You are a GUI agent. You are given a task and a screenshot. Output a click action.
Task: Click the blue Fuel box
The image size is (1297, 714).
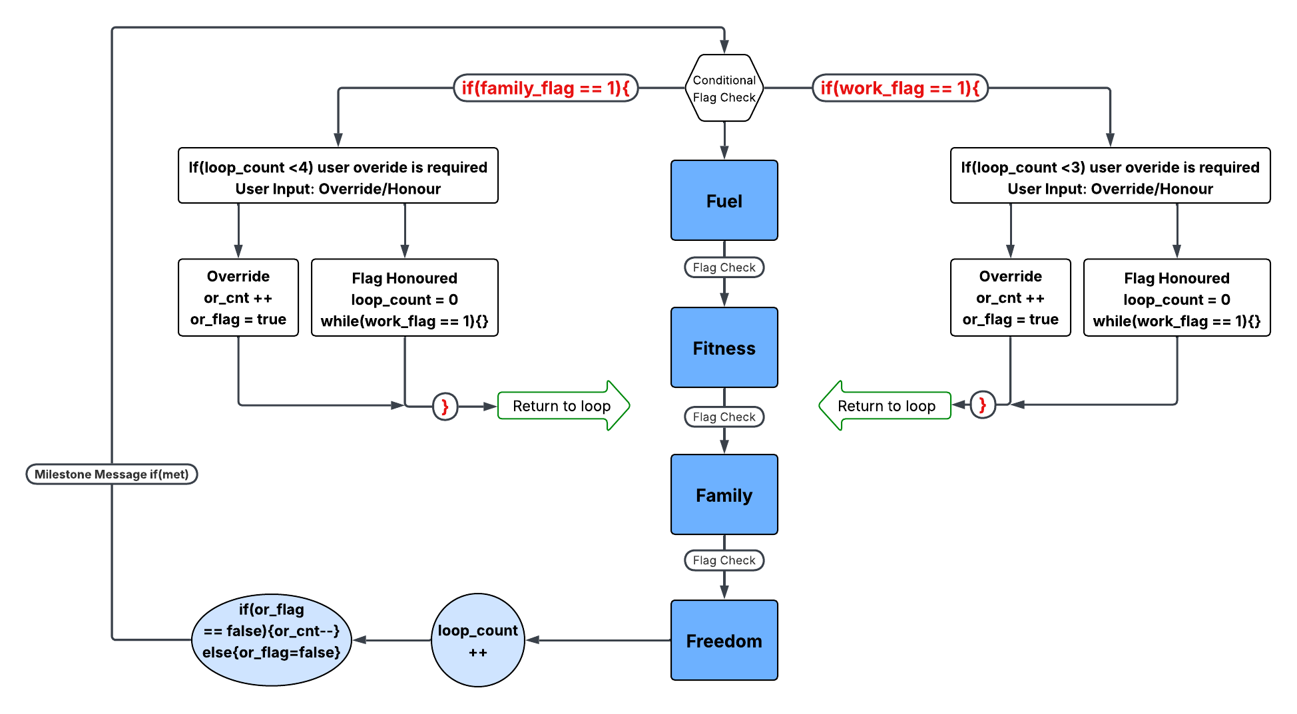724,200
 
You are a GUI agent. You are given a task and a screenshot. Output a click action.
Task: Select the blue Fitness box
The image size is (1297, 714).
724,347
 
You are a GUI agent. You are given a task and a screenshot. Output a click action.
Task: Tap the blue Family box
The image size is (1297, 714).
724,494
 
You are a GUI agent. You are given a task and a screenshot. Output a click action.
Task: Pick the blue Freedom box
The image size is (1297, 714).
724,640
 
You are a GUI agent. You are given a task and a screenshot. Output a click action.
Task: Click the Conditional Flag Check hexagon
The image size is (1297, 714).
724,88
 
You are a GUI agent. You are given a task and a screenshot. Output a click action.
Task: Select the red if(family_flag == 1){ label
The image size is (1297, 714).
545,88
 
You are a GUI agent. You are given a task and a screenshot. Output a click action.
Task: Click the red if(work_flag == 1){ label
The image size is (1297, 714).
900,88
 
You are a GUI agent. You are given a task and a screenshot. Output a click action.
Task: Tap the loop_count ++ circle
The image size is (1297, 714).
477,640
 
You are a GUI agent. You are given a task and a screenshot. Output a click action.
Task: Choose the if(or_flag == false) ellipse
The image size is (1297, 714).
271,639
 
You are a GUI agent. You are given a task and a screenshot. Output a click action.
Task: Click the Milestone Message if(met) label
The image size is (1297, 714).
111,474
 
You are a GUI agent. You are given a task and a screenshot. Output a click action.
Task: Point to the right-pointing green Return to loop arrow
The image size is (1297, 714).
563,406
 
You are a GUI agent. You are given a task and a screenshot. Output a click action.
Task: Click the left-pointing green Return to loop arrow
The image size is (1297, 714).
886,406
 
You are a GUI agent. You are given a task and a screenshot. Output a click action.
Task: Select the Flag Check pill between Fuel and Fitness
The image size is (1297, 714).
724,268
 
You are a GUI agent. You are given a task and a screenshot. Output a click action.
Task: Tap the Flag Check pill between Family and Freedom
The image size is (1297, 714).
724,560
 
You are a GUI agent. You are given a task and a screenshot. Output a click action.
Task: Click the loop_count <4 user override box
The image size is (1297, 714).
338,176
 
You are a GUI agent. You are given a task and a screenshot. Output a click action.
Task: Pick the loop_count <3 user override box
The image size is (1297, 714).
1110,176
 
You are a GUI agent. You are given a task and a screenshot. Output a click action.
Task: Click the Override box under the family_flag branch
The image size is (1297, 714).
238,297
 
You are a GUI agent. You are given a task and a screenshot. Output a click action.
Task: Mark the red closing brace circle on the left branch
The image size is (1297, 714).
445,406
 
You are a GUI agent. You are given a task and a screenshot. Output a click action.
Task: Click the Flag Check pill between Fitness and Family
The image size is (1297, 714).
724,417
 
